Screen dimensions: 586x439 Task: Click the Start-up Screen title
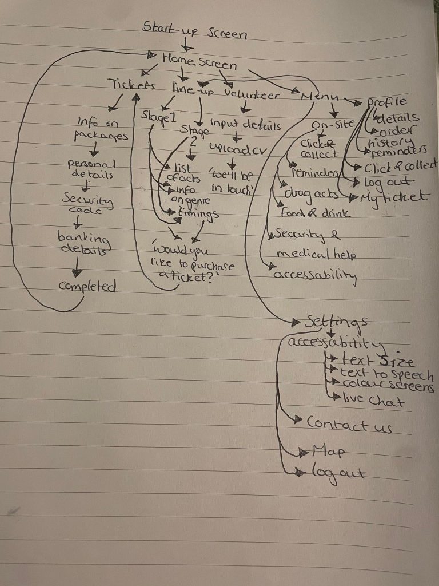pyautogui.click(x=194, y=30)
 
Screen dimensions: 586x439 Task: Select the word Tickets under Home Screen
pyautogui.click(x=133, y=86)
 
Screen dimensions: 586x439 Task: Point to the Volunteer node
pyautogui.click(x=252, y=93)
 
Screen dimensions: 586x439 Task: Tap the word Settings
pyautogui.click(x=336, y=322)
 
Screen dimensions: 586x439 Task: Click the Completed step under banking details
pyautogui.click(x=87, y=286)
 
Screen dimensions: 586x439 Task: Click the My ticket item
pyautogui.click(x=394, y=197)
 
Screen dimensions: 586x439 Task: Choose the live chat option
pyautogui.click(x=373, y=401)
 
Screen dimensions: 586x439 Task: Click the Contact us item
pyautogui.click(x=349, y=425)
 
